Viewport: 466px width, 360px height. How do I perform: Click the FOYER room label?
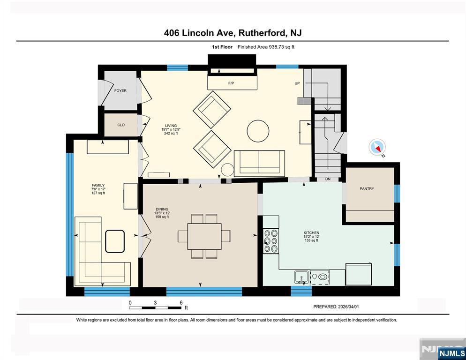[120, 90]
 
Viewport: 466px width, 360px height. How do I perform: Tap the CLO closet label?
[121, 125]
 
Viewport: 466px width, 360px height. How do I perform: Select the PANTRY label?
[367, 189]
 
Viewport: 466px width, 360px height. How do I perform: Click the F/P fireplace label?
[231, 83]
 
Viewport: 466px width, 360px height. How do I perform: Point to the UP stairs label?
[297, 83]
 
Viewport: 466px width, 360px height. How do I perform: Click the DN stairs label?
[327, 179]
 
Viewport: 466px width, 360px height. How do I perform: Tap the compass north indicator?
[377, 147]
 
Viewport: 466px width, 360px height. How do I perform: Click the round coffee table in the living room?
[258, 131]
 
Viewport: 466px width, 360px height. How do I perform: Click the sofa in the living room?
[259, 163]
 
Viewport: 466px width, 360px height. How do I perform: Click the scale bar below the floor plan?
[155, 307]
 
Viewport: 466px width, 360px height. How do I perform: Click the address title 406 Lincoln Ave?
[233, 33]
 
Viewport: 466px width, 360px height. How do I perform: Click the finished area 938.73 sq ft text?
[266, 47]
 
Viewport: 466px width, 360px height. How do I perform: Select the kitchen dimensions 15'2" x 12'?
[311, 237]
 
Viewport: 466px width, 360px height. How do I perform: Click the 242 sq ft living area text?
[171, 134]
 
